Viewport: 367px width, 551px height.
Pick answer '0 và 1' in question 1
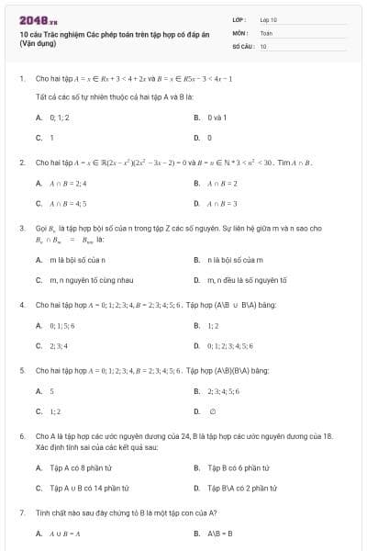[x=216, y=118]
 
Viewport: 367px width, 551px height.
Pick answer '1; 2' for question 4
[x=213, y=325]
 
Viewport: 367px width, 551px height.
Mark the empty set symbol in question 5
[x=213, y=411]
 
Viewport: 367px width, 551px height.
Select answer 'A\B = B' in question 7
[x=220, y=533]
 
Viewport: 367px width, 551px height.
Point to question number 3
[x=21, y=227]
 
